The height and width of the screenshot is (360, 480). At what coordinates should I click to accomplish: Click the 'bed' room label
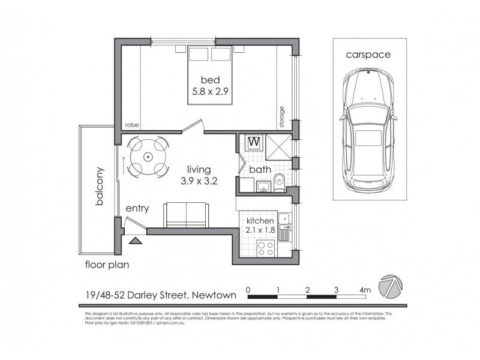coord(210,80)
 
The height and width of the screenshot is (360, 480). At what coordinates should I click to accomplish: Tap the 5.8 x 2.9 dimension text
coord(210,92)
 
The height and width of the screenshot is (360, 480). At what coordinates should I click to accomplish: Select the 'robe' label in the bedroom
coord(131,125)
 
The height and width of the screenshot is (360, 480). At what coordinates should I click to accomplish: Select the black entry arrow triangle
coord(136,241)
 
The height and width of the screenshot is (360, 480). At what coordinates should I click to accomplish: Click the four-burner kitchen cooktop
coord(265,248)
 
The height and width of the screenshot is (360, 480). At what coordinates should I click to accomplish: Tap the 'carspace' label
coord(368,54)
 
